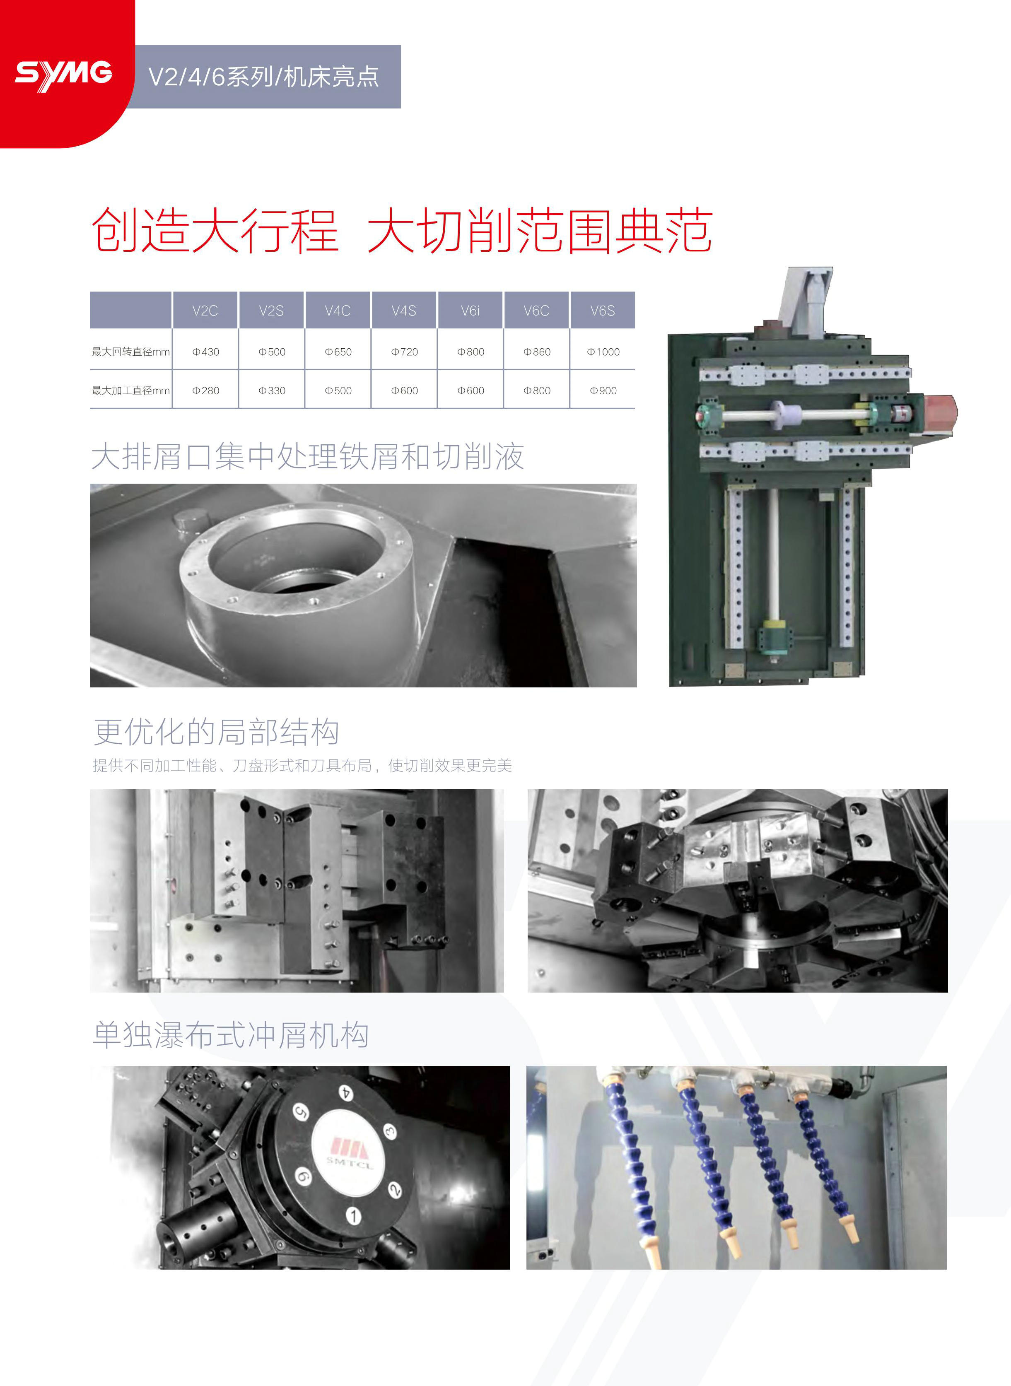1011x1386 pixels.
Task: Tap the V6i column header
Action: pyautogui.click(x=470, y=311)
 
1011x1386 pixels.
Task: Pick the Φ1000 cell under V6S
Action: pyautogui.click(x=603, y=352)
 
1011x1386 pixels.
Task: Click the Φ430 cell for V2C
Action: pyautogui.click(x=205, y=352)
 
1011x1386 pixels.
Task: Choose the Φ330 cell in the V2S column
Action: pyautogui.click(x=272, y=390)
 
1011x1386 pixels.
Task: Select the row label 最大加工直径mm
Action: pyautogui.click(x=130, y=390)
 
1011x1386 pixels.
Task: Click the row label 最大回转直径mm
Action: pyautogui.click(x=130, y=352)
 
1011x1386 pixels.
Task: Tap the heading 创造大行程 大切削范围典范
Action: pyautogui.click(x=402, y=231)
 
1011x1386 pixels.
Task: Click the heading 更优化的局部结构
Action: pyautogui.click(x=216, y=732)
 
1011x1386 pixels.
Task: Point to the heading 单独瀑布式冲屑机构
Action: pyautogui.click(x=231, y=1035)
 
